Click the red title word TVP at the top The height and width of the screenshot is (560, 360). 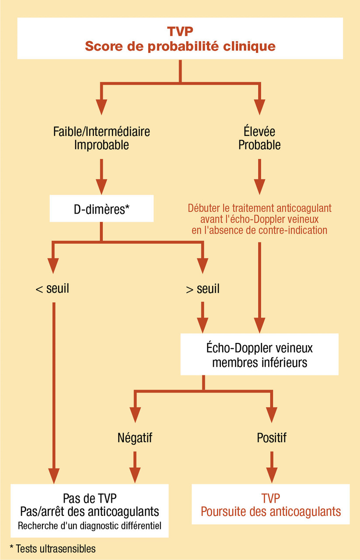180,31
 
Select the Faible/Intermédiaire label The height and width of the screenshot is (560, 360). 101,131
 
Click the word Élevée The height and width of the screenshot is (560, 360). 259,131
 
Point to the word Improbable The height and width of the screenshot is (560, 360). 101,145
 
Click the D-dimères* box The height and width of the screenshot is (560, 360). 101,208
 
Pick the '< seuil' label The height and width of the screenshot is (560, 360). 52,289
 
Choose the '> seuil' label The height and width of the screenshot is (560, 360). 203,289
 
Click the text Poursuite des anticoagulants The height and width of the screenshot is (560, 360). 271,511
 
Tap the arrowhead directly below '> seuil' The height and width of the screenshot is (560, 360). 203,325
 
